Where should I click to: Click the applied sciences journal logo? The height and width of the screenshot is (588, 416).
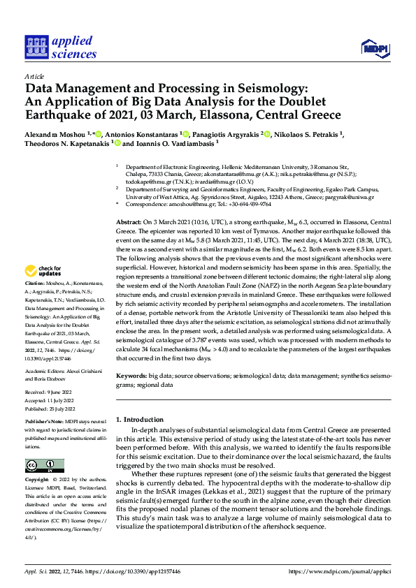(60, 47)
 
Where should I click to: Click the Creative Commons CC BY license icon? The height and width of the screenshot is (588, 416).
(44, 465)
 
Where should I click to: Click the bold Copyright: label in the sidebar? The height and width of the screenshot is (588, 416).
(37, 480)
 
